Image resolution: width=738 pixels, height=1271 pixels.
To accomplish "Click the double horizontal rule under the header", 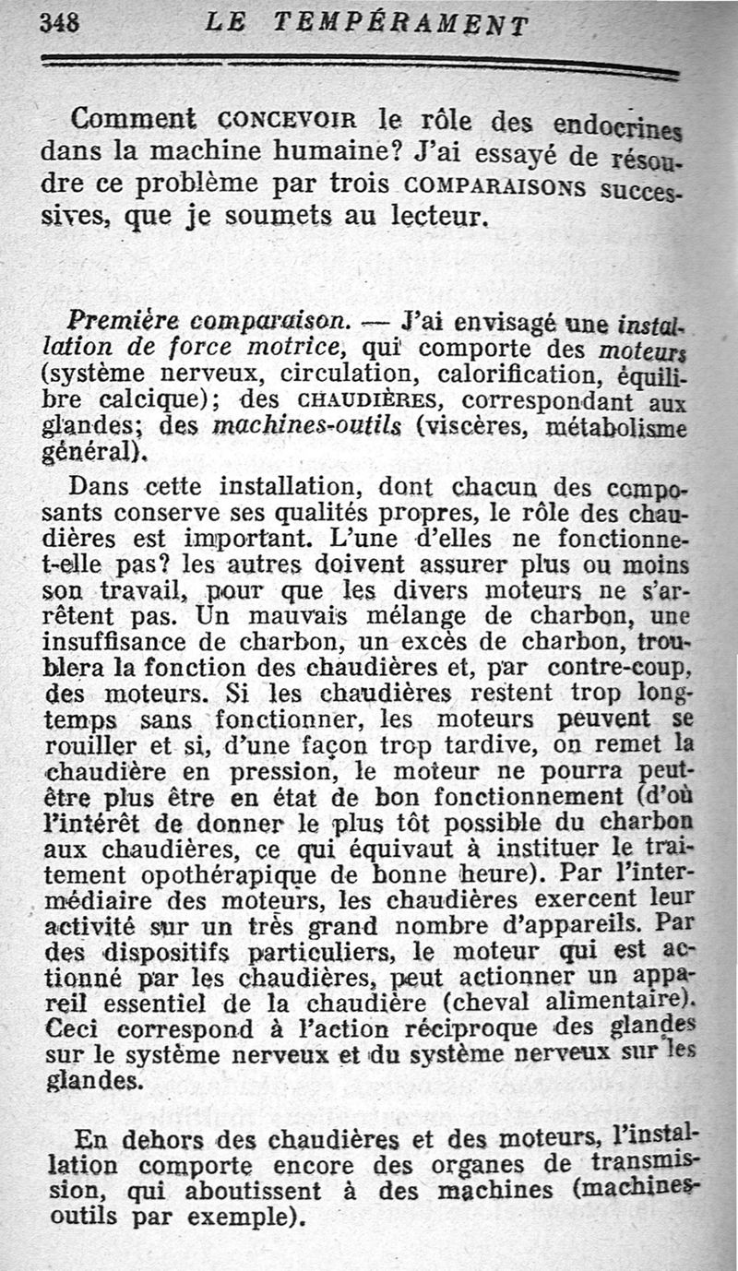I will (360, 65).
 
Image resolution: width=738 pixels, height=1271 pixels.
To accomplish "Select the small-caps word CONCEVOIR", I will (288, 121).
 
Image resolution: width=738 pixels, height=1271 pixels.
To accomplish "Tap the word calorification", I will (498, 376).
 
